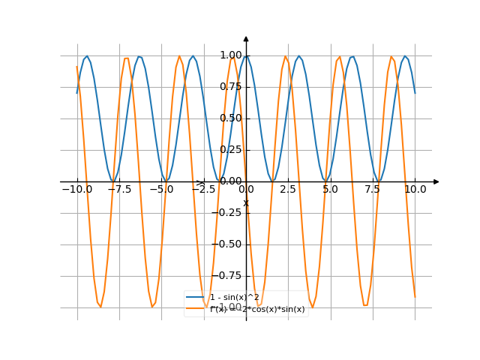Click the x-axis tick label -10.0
[77, 190]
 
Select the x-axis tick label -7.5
[120, 190]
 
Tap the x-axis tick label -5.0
[162, 190]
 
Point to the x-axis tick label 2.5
[289, 190]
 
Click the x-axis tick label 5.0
[331, 190]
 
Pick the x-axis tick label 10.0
[415, 190]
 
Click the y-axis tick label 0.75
[231, 87]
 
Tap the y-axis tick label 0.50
[231, 118]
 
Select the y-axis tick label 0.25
[231, 150]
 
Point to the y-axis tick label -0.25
[229, 213]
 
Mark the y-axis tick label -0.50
[229, 244]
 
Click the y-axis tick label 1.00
[231, 55]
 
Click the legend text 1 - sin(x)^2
[235, 298]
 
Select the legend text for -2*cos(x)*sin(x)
[258, 309]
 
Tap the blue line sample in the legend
[197, 298]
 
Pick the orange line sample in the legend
[197, 309]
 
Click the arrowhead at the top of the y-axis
[246, 38]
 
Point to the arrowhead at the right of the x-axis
[436, 181]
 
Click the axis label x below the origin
[245, 203]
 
